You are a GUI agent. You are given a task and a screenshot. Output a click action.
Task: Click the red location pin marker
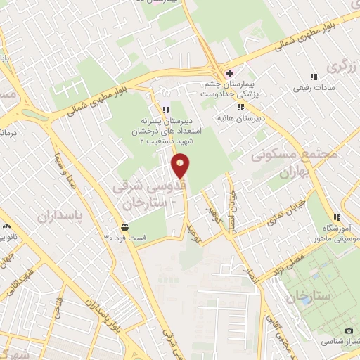(x=181, y=165)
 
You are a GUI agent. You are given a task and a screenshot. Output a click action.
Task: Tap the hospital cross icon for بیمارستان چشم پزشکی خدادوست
(x=228, y=72)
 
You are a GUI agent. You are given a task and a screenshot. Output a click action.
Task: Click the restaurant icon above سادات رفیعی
(x=314, y=77)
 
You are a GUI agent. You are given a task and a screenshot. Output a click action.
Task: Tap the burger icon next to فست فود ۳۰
(x=124, y=226)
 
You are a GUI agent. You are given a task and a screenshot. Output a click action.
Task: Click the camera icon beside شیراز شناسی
(x=349, y=330)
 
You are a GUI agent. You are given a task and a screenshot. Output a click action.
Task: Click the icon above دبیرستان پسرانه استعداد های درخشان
(x=166, y=110)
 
